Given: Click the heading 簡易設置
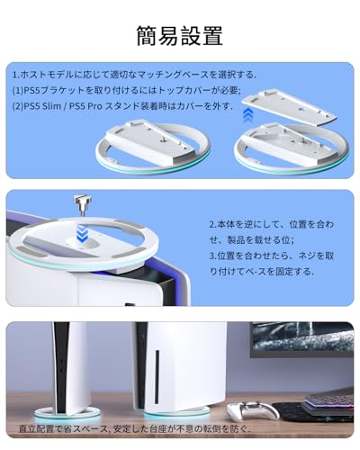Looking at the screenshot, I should (180, 36).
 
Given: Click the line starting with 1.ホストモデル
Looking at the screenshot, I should (135, 73).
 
